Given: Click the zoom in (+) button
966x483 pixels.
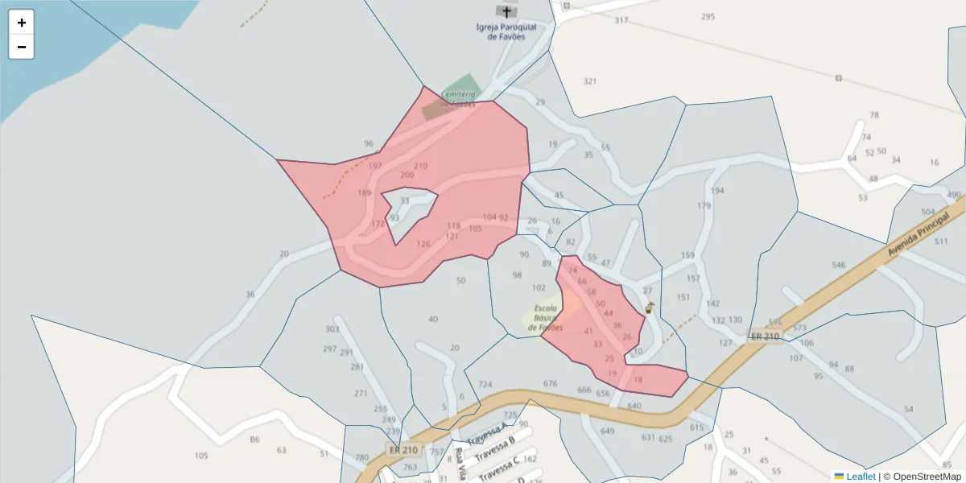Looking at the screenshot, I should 22,23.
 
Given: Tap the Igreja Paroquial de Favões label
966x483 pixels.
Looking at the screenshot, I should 506,31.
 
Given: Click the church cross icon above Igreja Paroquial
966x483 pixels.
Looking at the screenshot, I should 506,11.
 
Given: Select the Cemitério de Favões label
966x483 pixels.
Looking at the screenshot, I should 458,98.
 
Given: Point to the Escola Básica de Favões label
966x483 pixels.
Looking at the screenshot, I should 545,318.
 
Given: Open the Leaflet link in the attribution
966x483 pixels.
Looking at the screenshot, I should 860,477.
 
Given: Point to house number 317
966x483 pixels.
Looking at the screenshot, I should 621,20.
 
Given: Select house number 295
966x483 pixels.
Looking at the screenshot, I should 708,17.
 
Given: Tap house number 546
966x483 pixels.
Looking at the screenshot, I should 839,265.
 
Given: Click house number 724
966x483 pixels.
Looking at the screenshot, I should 485,384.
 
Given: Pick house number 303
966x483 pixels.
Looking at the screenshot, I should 332,329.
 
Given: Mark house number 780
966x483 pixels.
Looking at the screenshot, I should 362,457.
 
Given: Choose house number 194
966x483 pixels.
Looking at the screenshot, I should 717,191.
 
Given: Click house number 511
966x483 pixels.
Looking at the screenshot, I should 941,242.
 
